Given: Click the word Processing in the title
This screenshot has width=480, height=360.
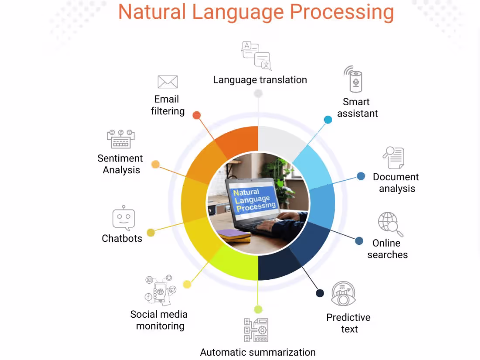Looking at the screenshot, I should point(342,12).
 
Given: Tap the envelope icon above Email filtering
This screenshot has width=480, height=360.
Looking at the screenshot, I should point(168,82).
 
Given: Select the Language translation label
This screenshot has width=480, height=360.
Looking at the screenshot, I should point(260,80).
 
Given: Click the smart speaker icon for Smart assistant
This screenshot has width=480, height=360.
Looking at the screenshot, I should point(356,79).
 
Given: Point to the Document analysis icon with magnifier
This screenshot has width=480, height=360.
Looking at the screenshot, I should point(394,158).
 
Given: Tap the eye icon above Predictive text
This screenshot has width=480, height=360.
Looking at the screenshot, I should point(343,294).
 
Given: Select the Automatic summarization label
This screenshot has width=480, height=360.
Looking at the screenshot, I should point(257,352).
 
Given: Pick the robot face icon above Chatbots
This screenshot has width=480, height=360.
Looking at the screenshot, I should point(123,218).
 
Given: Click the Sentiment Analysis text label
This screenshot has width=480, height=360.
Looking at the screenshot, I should point(120,164).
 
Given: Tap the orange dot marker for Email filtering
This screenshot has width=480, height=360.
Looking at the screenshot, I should point(196,115).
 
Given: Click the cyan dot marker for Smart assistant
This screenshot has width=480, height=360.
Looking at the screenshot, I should point(328,120).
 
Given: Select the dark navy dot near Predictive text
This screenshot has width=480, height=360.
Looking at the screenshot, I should point(320,293).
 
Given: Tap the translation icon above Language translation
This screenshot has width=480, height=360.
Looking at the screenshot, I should point(257,55).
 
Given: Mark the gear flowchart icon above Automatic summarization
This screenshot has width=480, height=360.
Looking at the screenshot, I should point(256,330).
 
